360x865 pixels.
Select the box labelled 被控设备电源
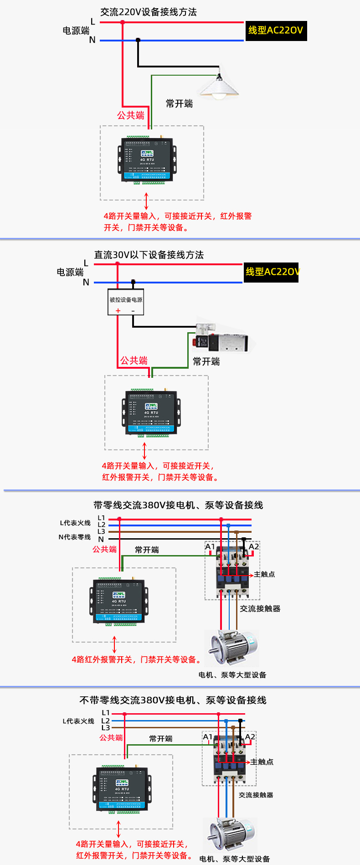pyautogui.click(x=126, y=301)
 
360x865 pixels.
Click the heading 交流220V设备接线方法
pyautogui.click(x=149, y=12)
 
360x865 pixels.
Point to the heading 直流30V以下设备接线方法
pyautogui.click(x=149, y=255)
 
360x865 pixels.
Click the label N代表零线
pyautogui.click(x=74, y=537)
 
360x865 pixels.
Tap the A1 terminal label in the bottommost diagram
pyautogui.click(x=207, y=737)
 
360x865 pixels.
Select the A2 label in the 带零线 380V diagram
pyautogui.click(x=254, y=547)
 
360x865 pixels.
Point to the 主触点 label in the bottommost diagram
pyautogui.click(x=262, y=762)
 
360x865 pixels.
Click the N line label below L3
pyautogui.click(x=101, y=539)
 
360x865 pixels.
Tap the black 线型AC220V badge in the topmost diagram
pyautogui.click(x=276, y=31)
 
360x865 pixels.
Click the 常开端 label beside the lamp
pyautogui.click(x=179, y=104)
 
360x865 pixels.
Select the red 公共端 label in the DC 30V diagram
pyautogui.click(x=134, y=360)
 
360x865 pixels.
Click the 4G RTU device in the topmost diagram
pyautogui.click(x=147, y=160)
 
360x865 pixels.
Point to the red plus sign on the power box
pyautogui.click(x=118, y=311)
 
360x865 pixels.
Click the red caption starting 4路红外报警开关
pyautogui.click(x=136, y=659)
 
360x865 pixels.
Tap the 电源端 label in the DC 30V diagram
pyautogui.click(x=70, y=272)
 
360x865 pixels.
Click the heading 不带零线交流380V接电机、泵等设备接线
pyautogui.click(x=173, y=700)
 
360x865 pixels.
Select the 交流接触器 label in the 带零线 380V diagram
pyautogui.click(x=260, y=608)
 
